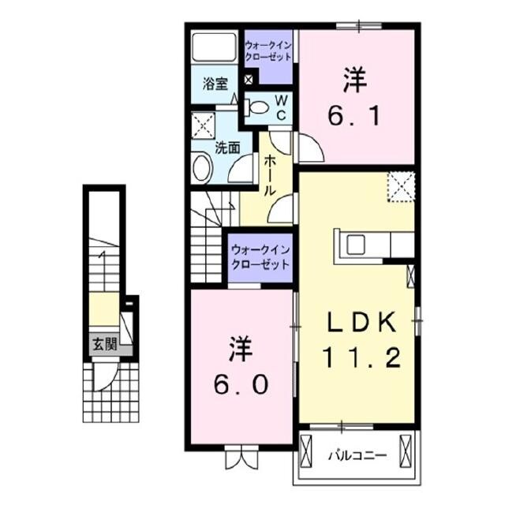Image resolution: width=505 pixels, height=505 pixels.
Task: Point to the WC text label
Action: point(279,108)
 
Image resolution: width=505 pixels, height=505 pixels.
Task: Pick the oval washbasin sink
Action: point(202,169)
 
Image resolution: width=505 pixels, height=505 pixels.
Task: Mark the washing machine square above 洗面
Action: point(204,125)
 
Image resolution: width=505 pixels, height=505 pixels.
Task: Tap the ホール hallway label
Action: point(268,175)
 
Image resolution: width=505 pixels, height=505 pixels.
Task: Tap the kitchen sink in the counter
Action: point(355,245)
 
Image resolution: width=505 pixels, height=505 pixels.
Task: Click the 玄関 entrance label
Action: point(103,344)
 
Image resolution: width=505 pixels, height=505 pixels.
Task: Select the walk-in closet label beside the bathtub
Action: point(267,51)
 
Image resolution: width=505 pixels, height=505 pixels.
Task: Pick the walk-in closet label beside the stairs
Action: point(260,256)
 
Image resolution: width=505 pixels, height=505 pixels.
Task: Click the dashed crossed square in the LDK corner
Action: point(400,186)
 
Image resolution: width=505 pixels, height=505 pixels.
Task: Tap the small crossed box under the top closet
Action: point(249,79)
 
